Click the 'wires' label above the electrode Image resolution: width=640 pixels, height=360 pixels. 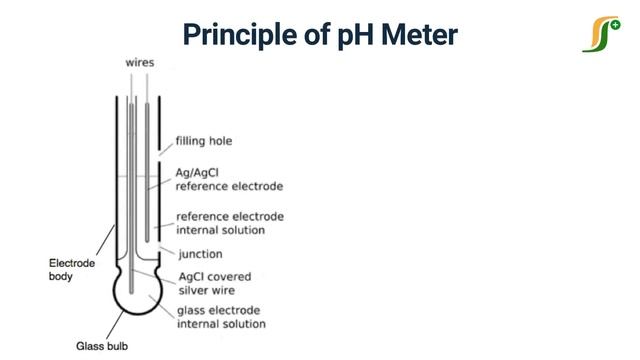pyautogui.click(x=139, y=62)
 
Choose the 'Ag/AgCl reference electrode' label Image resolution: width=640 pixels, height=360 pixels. pyautogui.click(x=229, y=179)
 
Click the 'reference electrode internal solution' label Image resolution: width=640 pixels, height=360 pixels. pyautogui.click(x=229, y=223)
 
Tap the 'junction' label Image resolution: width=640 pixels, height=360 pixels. pyautogui.click(x=199, y=253)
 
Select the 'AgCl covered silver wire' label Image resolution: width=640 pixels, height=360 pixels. pyautogui.click(x=213, y=283)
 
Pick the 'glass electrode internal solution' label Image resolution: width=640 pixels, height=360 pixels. pyautogui.click(x=221, y=317)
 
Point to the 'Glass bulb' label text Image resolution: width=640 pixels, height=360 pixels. pyautogui.click(x=103, y=346)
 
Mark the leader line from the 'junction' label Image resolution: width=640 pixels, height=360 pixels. pyautogui.click(x=166, y=249)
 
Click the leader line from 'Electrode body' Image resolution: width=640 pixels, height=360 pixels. pyautogui.click(x=106, y=243)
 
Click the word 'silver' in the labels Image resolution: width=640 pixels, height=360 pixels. pyautogui.click(x=192, y=290)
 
